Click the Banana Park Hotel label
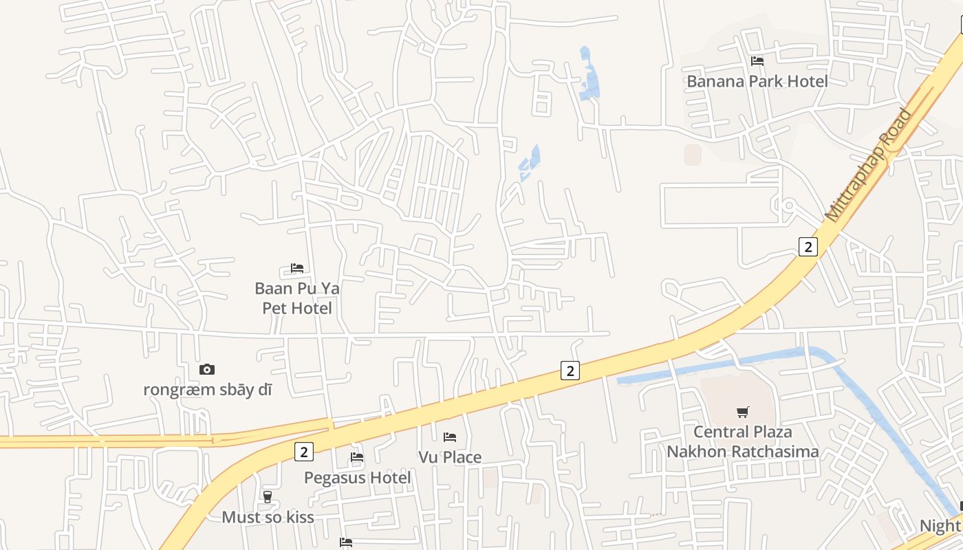pos(757,81)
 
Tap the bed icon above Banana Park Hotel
pos(757,60)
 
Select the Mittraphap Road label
pos(869,165)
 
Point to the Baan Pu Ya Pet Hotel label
pos(297,298)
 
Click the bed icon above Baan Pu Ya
pos(297,267)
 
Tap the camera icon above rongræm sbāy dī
pos(207,369)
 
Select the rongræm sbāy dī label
pos(207,390)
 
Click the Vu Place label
pos(450,457)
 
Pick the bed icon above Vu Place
pos(450,437)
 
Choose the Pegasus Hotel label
pos(357,477)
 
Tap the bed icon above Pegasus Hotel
pos(357,456)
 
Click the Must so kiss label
pos(268,517)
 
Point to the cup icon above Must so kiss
pos(268,496)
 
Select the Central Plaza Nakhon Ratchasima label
pos(743,441)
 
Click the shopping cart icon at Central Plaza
pos(743,412)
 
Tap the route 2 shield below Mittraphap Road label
pos(808,246)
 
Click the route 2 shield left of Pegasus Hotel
pos(303,452)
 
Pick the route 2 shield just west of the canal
pos(570,370)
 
